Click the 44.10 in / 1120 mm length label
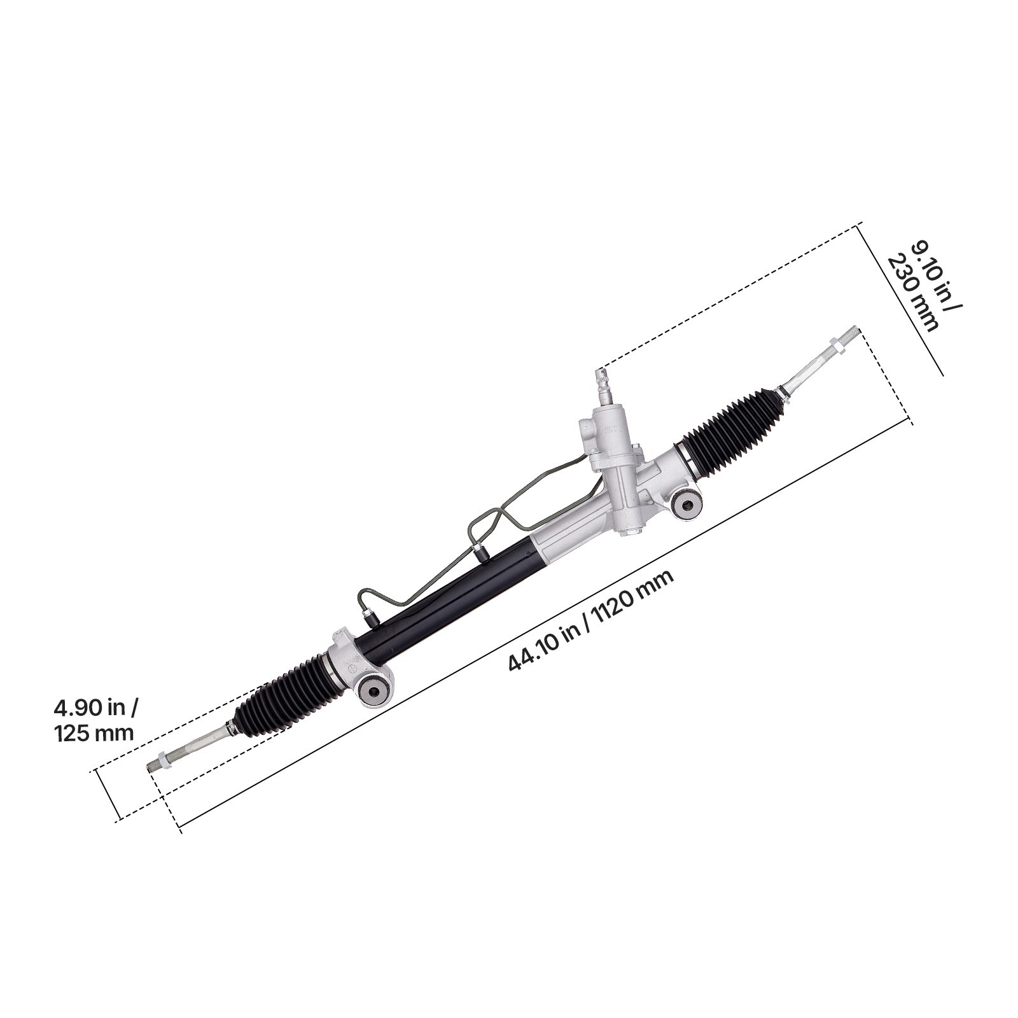tap(590, 621)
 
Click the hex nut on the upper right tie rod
tap(839, 347)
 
